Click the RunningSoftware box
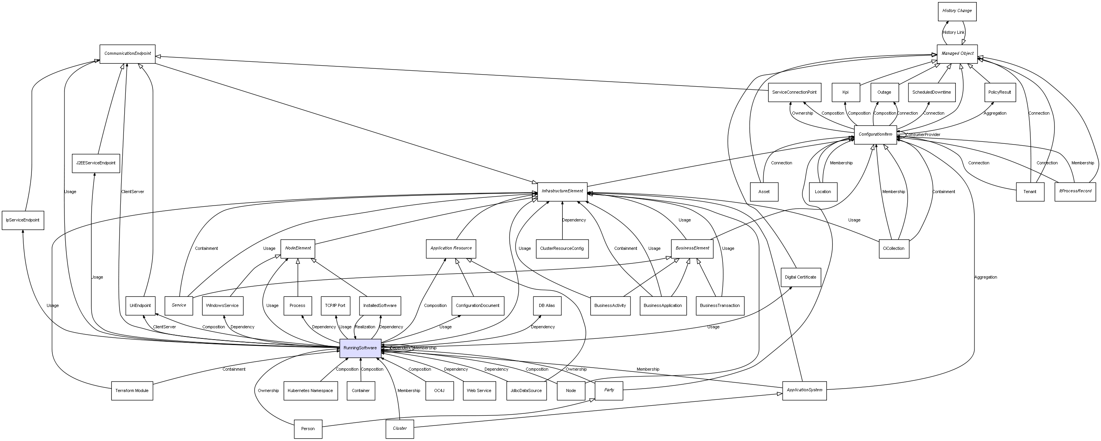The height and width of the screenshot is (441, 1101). pos(360,348)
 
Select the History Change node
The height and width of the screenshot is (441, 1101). pos(957,11)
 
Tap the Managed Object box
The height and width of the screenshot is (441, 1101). pos(957,54)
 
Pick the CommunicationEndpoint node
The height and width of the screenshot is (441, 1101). pos(127,54)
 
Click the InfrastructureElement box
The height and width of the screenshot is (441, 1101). pos(562,191)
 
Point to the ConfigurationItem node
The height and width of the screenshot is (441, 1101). pos(875,135)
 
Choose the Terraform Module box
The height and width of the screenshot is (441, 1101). pos(132,391)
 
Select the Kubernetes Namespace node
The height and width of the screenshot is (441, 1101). pos(310,391)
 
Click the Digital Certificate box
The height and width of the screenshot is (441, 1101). pos(800,277)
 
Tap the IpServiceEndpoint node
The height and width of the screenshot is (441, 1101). pos(23,220)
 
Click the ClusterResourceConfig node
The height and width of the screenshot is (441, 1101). pos(562,249)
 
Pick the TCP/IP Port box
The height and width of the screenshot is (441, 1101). pos(335,306)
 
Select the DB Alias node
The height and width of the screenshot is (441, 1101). pos(547,306)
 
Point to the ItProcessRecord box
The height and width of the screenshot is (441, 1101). pos(1075,191)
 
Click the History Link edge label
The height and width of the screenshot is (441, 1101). pos(953,33)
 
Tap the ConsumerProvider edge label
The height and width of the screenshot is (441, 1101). pos(923,135)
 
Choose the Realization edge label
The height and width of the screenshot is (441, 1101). pos(365,327)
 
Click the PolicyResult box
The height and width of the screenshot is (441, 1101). pos(999,92)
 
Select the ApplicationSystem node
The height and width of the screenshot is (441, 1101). pos(804,390)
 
